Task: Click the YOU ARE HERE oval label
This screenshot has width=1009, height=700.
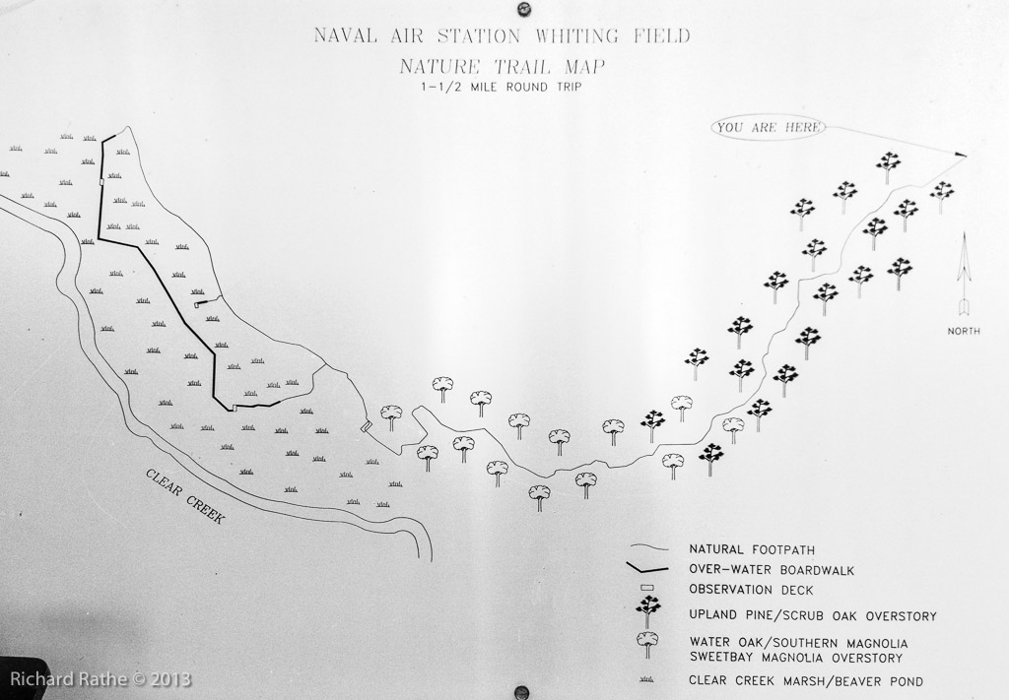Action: click(x=768, y=127)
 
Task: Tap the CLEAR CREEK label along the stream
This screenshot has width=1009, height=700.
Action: click(x=184, y=495)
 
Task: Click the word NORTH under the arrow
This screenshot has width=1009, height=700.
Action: click(x=964, y=331)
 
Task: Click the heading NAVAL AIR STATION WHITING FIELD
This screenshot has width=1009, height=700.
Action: click(x=502, y=35)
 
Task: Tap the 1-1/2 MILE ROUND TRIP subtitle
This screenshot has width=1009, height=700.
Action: click(x=502, y=87)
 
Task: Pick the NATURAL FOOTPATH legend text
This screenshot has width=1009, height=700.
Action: click(x=752, y=549)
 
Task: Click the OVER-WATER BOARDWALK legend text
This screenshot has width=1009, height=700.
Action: click(x=772, y=569)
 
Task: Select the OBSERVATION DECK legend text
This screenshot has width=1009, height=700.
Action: click(x=751, y=590)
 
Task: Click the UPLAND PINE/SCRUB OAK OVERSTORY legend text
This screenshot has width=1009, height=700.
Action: click(x=813, y=615)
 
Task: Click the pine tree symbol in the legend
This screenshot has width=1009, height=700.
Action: click(x=647, y=611)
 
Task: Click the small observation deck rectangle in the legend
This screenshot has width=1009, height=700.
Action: click(x=648, y=588)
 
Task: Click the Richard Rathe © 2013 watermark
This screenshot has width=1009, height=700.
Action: click(x=101, y=678)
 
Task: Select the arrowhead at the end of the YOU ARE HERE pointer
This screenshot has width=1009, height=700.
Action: click(x=961, y=155)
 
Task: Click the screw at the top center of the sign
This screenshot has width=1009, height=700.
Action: click(x=522, y=9)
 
